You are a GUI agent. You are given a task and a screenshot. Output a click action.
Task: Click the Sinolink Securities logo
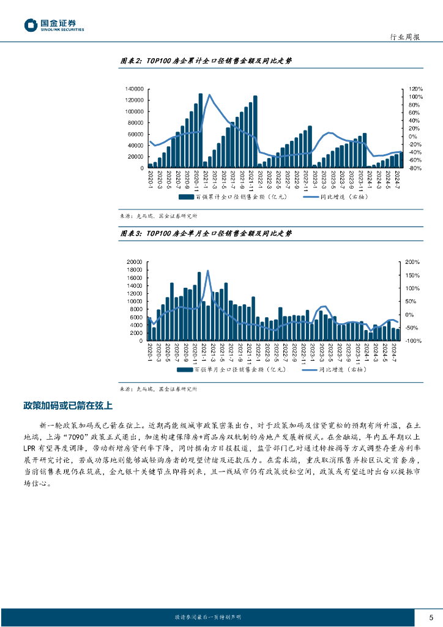(54, 24)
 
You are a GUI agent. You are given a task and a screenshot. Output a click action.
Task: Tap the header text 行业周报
(405, 37)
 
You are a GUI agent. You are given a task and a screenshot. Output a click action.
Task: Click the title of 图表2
(206, 61)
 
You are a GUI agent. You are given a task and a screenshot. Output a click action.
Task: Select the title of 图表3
(206, 233)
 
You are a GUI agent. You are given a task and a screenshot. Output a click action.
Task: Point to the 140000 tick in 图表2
(135, 89)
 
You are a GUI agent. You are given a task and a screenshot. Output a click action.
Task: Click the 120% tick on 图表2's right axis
(416, 89)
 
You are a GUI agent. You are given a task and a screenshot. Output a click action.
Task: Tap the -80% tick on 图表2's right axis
(415, 168)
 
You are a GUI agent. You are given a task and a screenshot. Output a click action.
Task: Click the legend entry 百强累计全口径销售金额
(233, 197)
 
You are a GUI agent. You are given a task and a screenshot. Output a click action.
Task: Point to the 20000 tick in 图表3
(136, 262)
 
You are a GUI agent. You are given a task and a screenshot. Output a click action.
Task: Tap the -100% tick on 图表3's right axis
(414, 340)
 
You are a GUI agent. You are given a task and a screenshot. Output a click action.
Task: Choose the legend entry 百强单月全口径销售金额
(233, 370)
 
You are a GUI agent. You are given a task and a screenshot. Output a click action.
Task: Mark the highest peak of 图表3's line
(207, 271)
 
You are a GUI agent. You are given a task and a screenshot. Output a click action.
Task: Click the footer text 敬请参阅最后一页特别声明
(207, 617)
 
